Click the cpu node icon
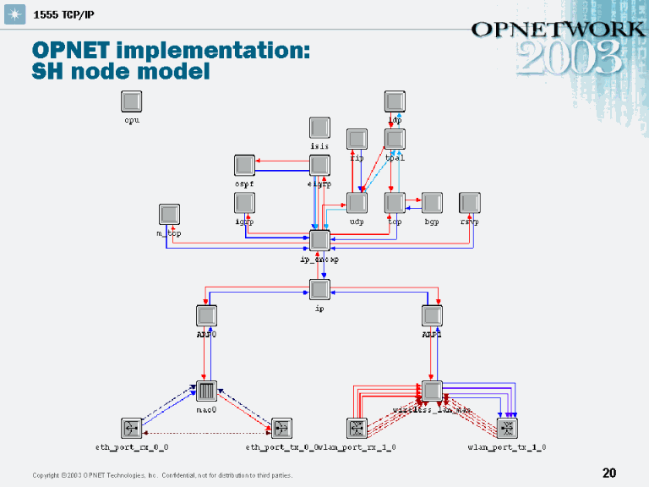click(x=131, y=101)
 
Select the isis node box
click(x=319, y=128)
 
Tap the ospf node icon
click(x=244, y=165)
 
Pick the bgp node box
click(x=432, y=203)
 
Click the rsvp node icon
click(x=470, y=203)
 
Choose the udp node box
click(x=357, y=203)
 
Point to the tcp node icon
click(x=395, y=203)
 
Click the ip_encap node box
click(x=319, y=240)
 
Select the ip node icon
click(x=319, y=290)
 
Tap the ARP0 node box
click(x=207, y=315)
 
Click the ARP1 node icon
click(x=432, y=315)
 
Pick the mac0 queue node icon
click(x=207, y=391)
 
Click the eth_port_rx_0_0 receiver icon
click(x=132, y=428)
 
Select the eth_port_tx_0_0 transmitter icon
click(x=281, y=428)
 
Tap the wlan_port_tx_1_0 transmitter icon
click(x=507, y=428)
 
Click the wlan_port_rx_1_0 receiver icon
click(x=357, y=428)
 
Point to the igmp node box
click(x=244, y=203)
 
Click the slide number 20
click(x=608, y=473)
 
